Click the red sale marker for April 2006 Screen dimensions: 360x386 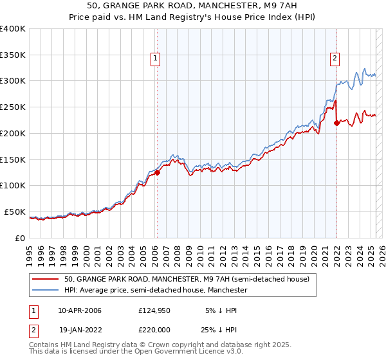click(x=157, y=172)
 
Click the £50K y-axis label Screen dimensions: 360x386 click(x=15, y=212)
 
